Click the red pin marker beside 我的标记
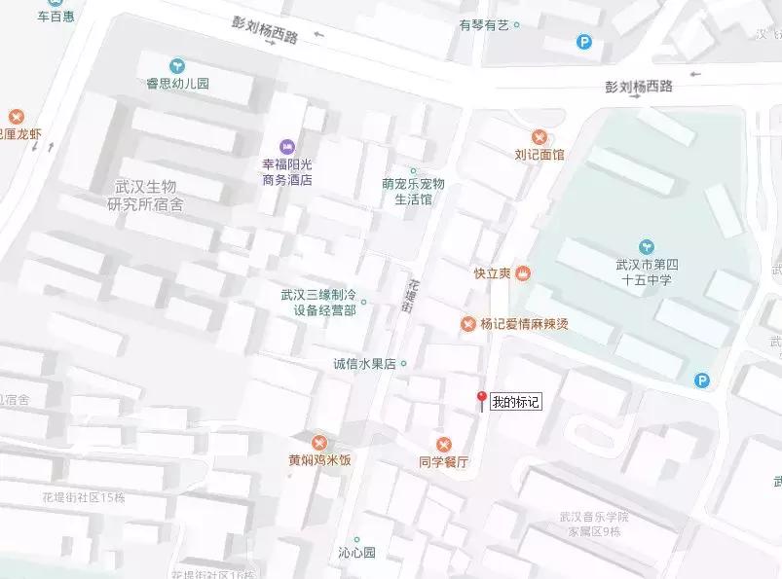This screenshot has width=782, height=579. pyautogui.click(x=480, y=400)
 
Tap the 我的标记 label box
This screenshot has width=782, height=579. pyautogui.click(x=515, y=401)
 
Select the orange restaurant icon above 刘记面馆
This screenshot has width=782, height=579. pyautogui.click(x=540, y=136)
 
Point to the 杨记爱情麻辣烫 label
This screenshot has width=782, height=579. pyautogui.click(x=522, y=324)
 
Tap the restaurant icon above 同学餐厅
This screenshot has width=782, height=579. pyautogui.click(x=444, y=444)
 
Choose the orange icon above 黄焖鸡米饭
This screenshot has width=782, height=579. pyautogui.click(x=319, y=441)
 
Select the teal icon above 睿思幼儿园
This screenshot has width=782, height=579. pyautogui.click(x=176, y=65)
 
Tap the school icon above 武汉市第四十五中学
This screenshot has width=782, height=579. pyautogui.click(x=647, y=245)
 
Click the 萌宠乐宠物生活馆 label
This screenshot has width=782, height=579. pyautogui.click(x=413, y=191)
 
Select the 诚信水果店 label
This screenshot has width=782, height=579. pyautogui.click(x=364, y=364)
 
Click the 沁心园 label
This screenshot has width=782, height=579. pyautogui.click(x=356, y=553)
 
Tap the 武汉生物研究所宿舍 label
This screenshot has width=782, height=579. pyautogui.click(x=145, y=196)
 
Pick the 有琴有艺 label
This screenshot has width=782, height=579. pyautogui.click(x=484, y=25)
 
